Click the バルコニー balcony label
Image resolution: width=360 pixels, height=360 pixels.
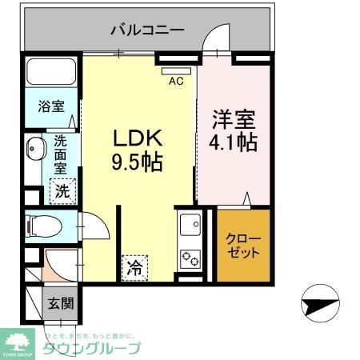(x=148, y=31)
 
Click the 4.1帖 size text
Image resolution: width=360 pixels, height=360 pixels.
(x=234, y=144)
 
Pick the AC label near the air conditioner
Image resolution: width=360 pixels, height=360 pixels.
(x=176, y=80)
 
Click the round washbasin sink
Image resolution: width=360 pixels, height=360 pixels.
(x=35, y=150)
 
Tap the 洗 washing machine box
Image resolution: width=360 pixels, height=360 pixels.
(x=61, y=191)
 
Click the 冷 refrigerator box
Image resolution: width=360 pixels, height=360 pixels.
(x=134, y=266)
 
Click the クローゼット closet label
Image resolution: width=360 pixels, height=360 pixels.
(x=243, y=246)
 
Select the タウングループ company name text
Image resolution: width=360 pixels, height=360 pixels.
(x=92, y=348)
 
